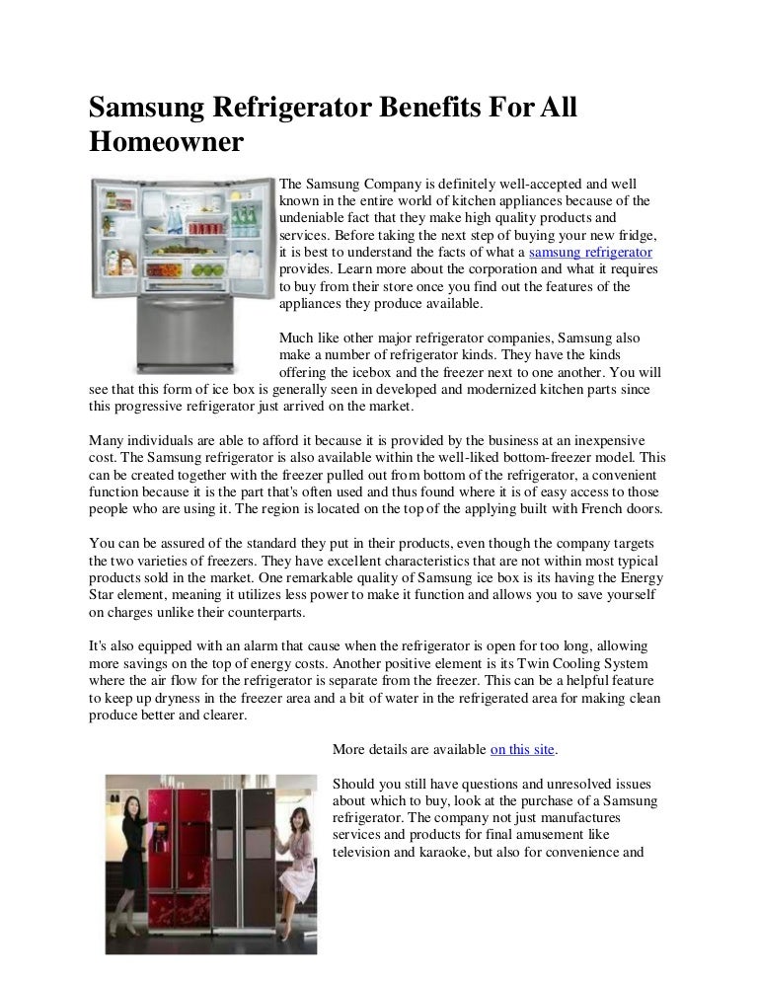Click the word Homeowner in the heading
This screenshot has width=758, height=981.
pos(166,142)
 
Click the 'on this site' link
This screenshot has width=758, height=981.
pos(523,749)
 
